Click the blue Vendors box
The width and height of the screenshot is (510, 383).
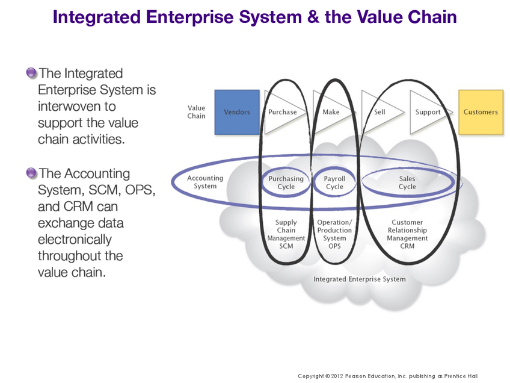click(x=237, y=112)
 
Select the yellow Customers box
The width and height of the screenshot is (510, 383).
click(x=481, y=112)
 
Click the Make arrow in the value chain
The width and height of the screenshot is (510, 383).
click(x=331, y=112)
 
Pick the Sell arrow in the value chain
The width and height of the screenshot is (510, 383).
click(x=379, y=112)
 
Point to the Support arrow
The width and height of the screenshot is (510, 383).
click(x=428, y=112)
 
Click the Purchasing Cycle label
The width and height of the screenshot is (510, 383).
click(x=286, y=182)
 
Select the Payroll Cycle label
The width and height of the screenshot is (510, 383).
click(x=334, y=182)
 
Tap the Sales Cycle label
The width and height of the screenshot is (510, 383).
click(x=407, y=182)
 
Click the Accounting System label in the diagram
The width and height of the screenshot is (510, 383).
click(x=205, y=182)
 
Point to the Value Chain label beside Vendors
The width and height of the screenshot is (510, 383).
click(x=197, y=112)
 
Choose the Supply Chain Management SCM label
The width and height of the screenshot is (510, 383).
click(x=286, y=234)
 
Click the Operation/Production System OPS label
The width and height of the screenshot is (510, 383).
click(x=334, y=234)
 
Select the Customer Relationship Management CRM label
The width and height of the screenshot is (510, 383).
click(x=407, y=234)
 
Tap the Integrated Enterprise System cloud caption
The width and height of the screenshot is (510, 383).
click(x=360, y=279)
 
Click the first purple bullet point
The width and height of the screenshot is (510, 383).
click(x=31, y=73)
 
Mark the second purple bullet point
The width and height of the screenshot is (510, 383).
click(x=31, y=173)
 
